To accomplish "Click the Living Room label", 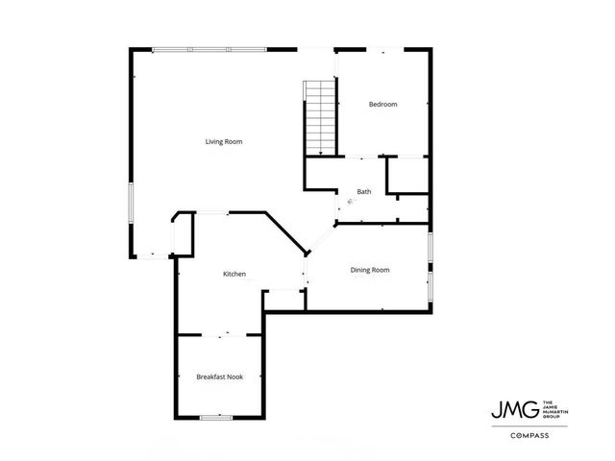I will click(223, 142).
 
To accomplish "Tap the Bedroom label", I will click(382, 104).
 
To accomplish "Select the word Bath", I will click(364, 192).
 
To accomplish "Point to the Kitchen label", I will click(234, 274).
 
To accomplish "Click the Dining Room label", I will click(370, 271).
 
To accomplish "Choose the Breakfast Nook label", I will click(220, 376).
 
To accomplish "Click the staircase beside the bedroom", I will click(320, 117).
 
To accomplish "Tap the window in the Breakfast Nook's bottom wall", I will click(217, 418).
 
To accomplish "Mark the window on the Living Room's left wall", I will click(132, 203).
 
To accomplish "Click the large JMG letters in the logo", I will click(515, 407).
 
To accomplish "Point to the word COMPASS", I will click(529, 435).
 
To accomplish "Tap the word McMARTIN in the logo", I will click(555, 407).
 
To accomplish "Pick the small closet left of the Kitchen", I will click(183, 233).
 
